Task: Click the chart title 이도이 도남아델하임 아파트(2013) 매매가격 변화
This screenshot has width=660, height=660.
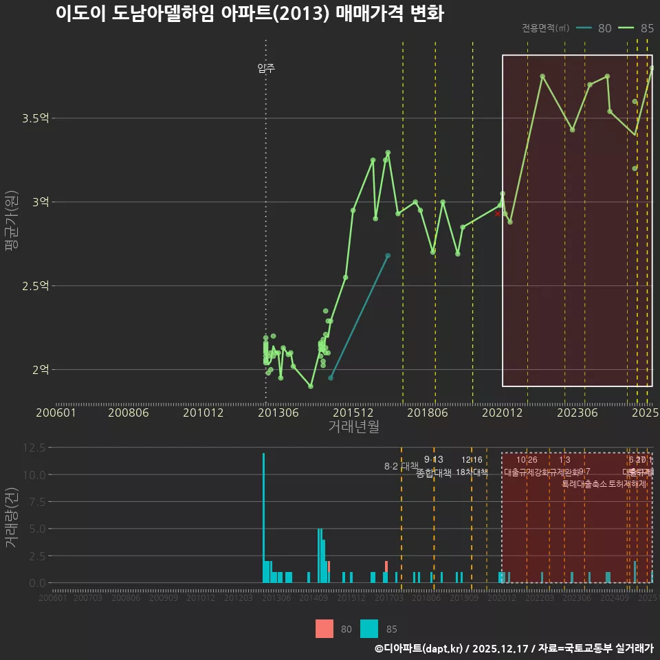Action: pos(249,14)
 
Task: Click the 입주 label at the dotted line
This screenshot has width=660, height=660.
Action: pos(266,68)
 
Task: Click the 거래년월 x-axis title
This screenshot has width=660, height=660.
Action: pos(353,426)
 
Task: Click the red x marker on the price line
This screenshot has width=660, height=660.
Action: pos(498,214)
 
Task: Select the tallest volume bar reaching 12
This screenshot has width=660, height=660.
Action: pos(263,517)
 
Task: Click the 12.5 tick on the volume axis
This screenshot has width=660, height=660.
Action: pos(32,448)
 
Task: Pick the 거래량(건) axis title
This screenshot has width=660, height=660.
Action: pos(12,517)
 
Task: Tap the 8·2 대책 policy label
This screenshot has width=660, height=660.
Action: pos(401,466)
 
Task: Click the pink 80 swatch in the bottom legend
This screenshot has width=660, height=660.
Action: pos(324,628)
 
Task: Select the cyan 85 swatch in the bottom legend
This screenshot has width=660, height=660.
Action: pos(370,628)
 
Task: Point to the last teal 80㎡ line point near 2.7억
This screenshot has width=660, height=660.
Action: pos(388,256)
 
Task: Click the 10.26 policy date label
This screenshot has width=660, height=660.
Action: pos(527,459)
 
